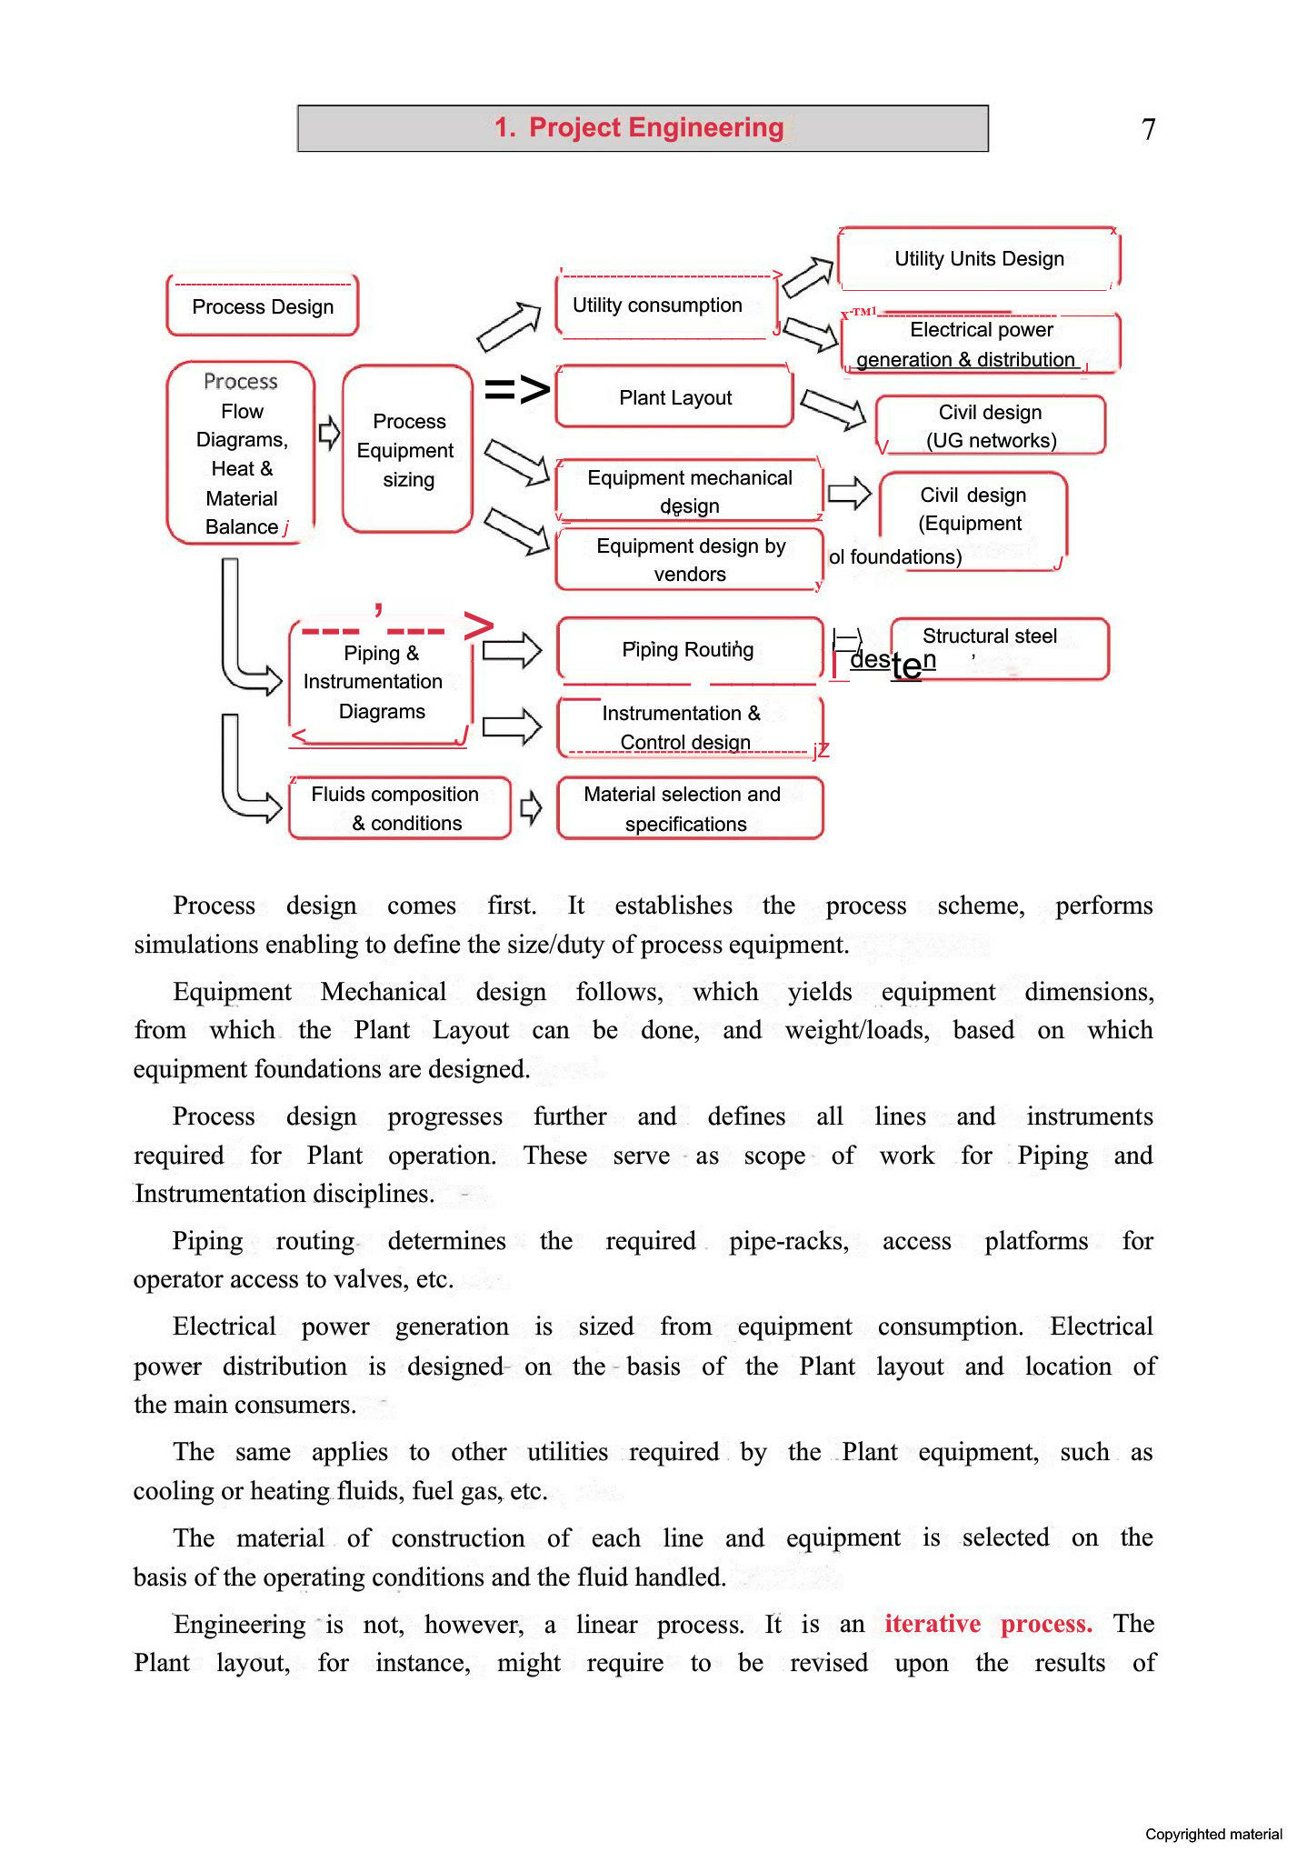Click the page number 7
click(x=1149, y=129)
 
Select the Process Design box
click(x=263, y=306)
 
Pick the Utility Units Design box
click(x=979, y=259)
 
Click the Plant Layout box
click(x=674, y=397)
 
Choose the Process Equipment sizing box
click(x=408, y=450)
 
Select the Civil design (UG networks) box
click(x=991, y=425)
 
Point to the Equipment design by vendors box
click(x=690, y=560)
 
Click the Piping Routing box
click(x=689, y=649)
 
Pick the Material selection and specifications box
click(x=687, y=808)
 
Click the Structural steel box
click(x=998, y=647)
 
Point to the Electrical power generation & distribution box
click(x=980, y=344)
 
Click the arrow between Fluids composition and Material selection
click(x=531, y=807)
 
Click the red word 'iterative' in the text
click(x=933, y=1624)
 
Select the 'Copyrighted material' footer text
click(x=1212, y=1835)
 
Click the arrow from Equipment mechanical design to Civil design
click(x=850, y=494)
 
